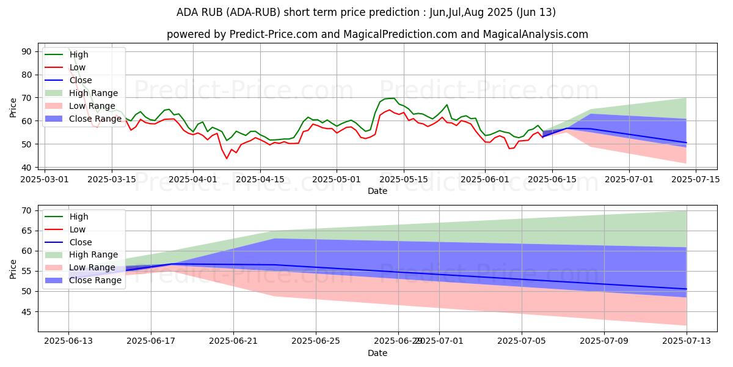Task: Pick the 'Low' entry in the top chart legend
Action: pos(78,67)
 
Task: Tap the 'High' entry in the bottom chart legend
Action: pos(79,217)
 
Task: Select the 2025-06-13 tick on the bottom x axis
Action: pos(68,341)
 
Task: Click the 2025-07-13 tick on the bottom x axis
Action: pos(687,341)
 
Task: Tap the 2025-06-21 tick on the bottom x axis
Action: pos(233,341)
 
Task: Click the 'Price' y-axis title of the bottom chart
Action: pos(13,269)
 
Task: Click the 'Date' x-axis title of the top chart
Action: pos(377,191)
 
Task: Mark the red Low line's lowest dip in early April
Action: pos(227,158)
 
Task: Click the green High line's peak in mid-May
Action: pos(394,98)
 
